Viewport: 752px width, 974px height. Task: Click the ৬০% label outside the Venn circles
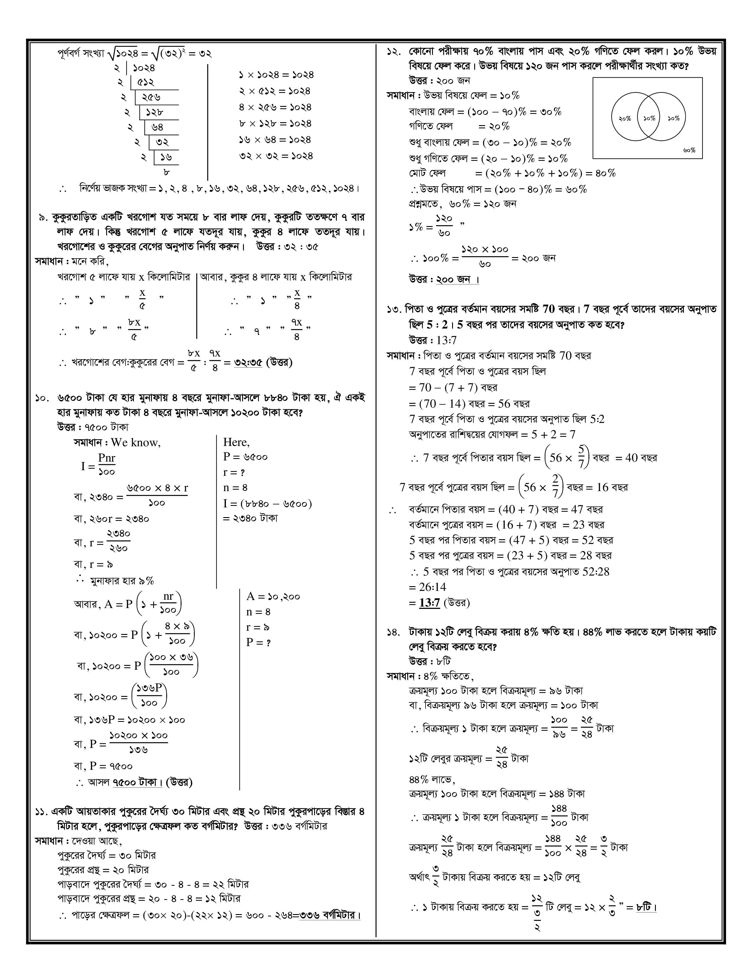(x=689, y=150)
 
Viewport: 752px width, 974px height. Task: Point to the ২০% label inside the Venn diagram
(x=625, y=119)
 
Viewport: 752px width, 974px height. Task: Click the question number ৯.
(x=43, y=218)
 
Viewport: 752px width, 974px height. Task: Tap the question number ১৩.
(x=394, y=309)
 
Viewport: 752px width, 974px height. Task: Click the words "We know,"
(x=136, y=442)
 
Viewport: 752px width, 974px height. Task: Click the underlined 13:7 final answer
(x=429, y=603)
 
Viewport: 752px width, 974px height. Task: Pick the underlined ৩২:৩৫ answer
(x=248, y=362)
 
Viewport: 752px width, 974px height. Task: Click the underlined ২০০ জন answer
(x=453, y=280)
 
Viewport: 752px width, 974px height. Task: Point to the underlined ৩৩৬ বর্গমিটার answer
(x=328, y=915)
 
